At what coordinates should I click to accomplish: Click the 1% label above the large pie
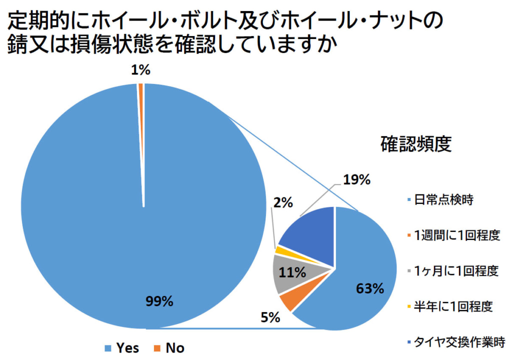[x=140, y=71]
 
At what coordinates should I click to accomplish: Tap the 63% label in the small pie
[x=369, y=288]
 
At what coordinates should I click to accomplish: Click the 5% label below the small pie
[x=270, y=317]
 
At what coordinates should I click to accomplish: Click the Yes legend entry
[x=122, y=347]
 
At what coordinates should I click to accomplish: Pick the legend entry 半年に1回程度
[x=449, y=306]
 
